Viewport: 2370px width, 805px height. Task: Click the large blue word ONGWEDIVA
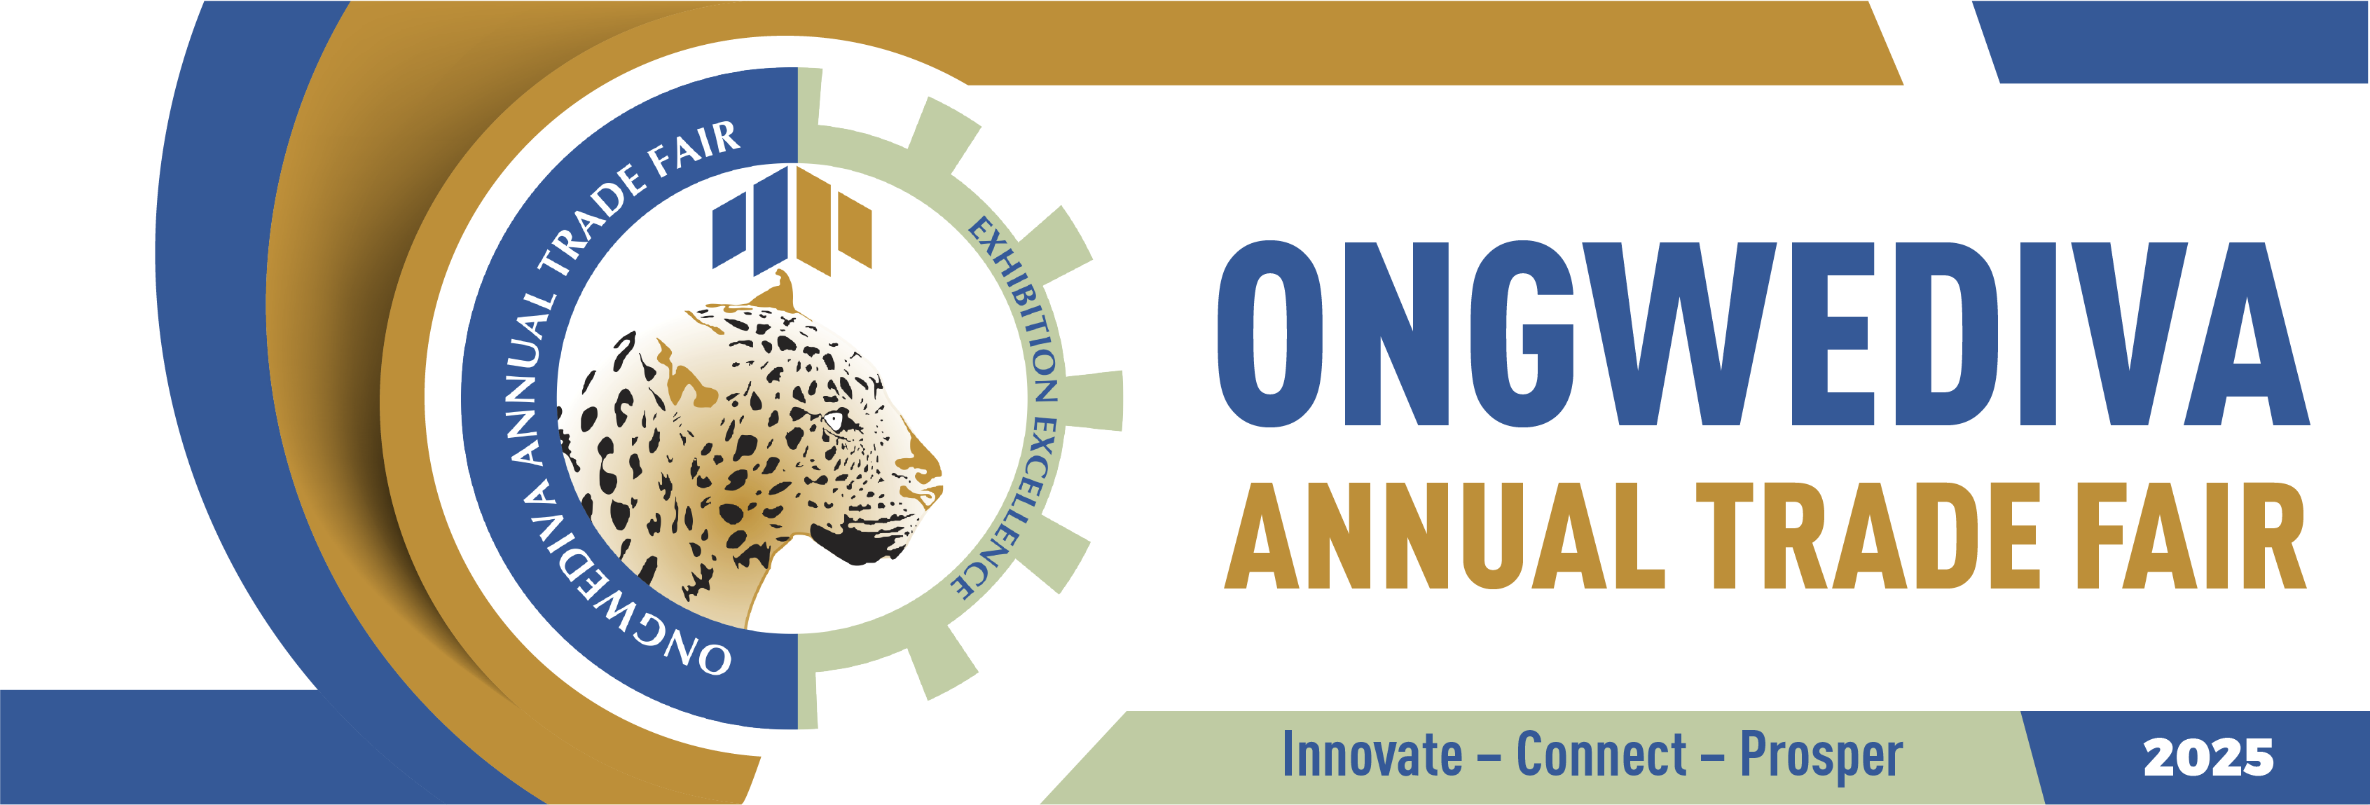(1764, 334)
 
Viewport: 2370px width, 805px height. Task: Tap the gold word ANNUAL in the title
(1445, 535)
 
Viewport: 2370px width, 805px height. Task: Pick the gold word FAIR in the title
(2190, 535)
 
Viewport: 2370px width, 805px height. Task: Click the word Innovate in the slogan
(1372, 755)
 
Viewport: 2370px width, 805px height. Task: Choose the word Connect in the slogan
(1601, 755)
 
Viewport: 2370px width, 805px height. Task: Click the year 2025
(2208, 757)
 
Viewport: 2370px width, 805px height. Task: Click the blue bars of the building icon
(750, 221)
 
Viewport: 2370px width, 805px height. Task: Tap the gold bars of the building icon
(834, 221)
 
